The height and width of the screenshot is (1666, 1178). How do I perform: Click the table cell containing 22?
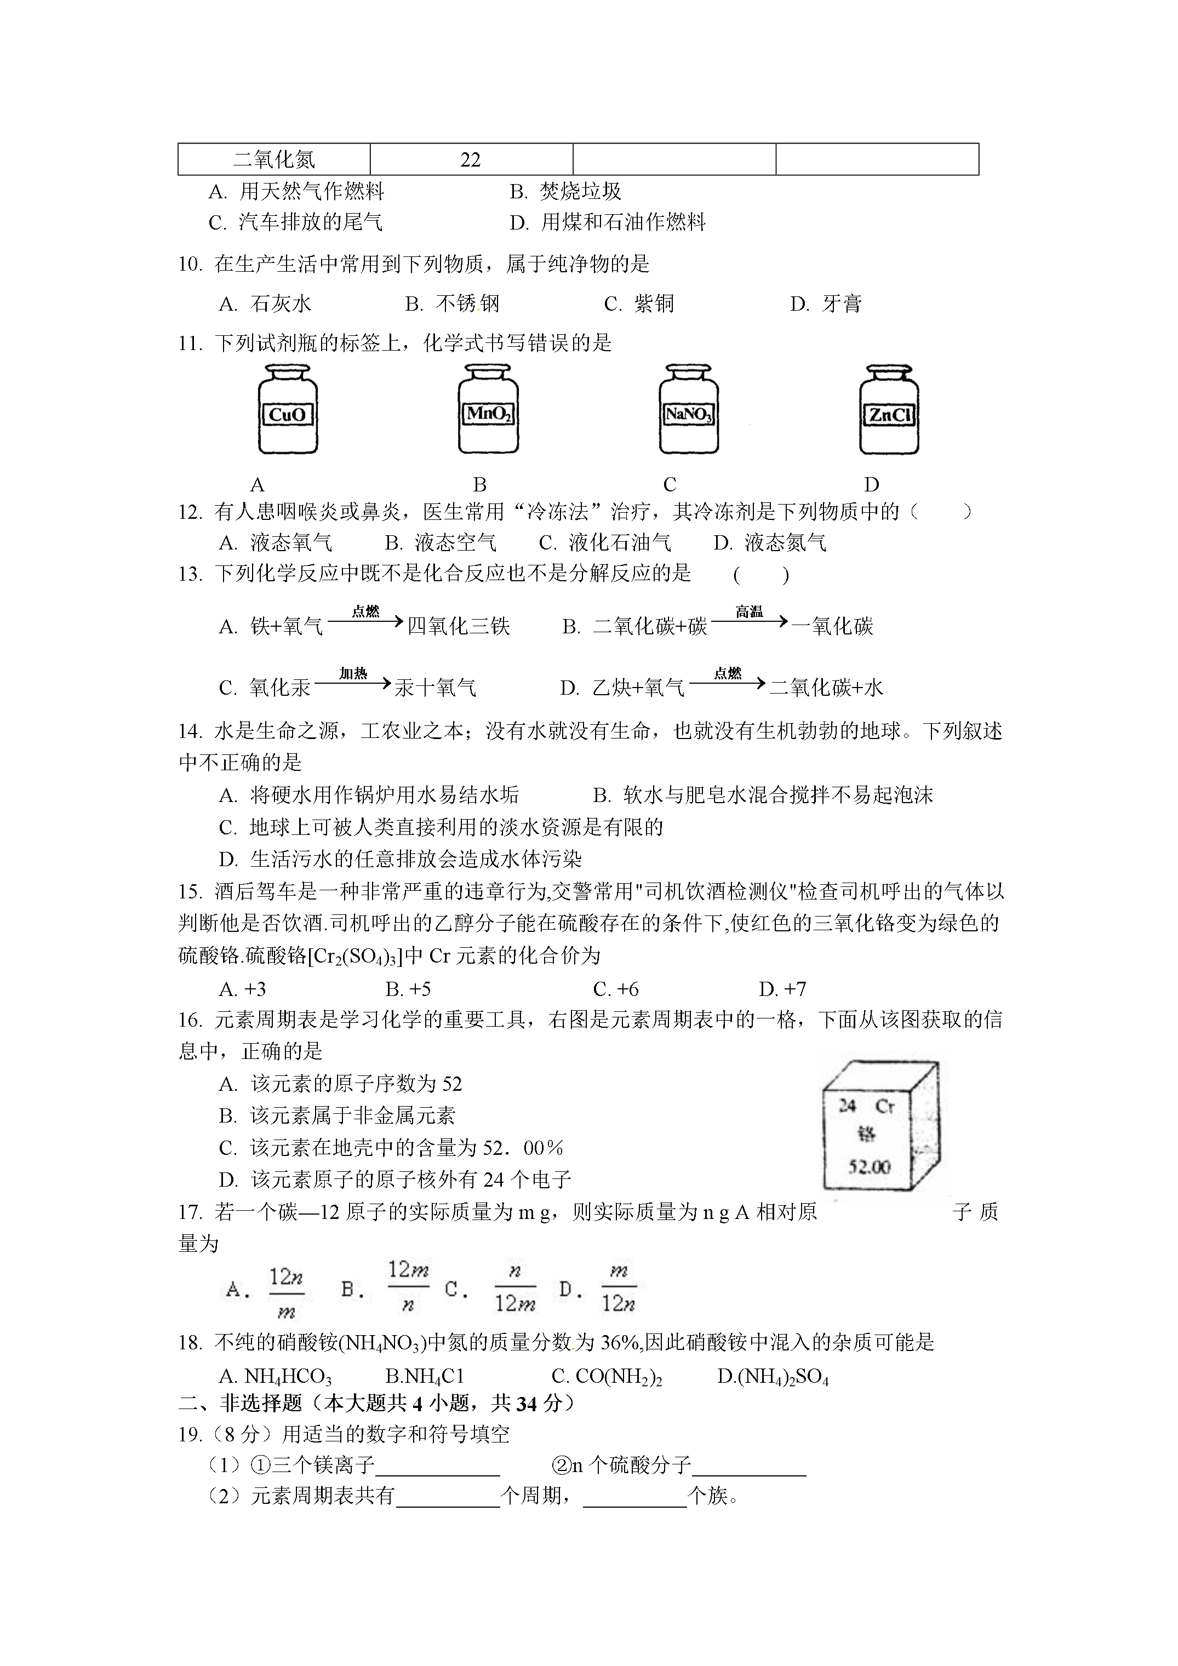pos(471,159)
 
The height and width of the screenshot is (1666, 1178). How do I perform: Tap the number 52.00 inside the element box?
pos(870,1166)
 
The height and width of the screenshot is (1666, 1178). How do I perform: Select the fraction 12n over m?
pos(286,1292)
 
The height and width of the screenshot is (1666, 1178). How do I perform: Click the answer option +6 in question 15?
pos(616,989)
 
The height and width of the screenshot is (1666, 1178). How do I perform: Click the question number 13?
pos(190,574)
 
